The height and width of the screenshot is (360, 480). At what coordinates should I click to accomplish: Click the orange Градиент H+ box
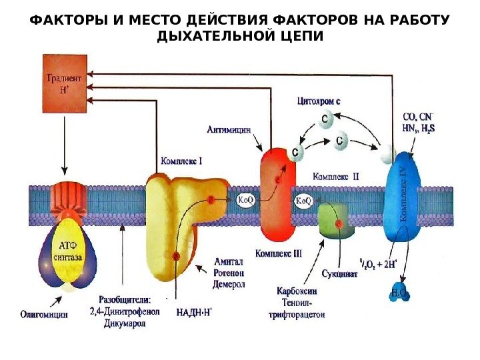point(65,83)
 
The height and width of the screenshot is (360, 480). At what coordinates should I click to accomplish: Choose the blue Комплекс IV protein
point(403,197)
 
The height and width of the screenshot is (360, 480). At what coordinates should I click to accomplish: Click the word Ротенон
point(229,273)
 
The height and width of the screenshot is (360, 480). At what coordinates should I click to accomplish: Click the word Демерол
point(229,285)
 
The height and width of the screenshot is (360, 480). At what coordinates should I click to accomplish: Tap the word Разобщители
point(125,299)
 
